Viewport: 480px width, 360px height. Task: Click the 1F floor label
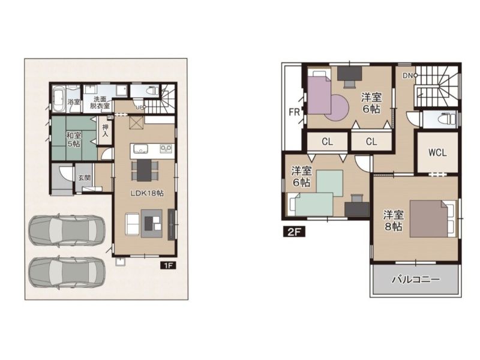click(168, 265)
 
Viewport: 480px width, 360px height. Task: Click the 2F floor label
click(293, 232)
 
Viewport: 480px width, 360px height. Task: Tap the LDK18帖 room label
click(147, 193)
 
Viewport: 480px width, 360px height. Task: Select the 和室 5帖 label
click(73, 139)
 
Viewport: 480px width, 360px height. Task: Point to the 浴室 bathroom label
click(73, 101)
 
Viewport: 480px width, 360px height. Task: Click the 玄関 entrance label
click(84, 177)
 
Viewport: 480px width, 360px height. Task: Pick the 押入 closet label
click(106, 130)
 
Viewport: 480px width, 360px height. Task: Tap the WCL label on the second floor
click(437, 152)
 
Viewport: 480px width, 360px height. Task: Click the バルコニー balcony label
click(416, 279)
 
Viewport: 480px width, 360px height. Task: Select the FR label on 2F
click(294, 112)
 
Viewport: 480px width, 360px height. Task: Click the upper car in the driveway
click(67, 230)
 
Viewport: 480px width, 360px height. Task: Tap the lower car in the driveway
click(67, 272)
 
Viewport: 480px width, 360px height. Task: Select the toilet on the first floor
click(152, 91)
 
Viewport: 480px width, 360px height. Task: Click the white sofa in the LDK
click(132, 224)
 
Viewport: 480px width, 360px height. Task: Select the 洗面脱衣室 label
click(100, 103)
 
